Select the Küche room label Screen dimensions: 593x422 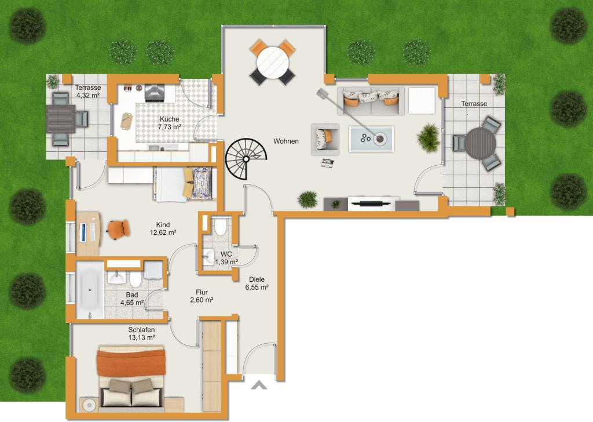click(x=170, y=119)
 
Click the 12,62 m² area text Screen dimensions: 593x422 click(x=163, y=233)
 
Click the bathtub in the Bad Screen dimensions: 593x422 click(x=90, y=290)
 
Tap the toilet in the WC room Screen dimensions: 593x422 click(x=220, y=226)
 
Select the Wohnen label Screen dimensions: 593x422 click(x=286, y=141)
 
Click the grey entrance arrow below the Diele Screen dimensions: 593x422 click(x=259, y=385)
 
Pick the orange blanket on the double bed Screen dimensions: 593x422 click(x=131, y=362)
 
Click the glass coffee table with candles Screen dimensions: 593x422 click(x=371, y=139)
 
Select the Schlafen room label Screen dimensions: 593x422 click(x=141, y=330)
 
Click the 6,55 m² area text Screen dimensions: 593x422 click(x=257, y=288)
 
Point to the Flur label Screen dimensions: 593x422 click(x=202, y=292)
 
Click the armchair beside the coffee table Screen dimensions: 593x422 click(x=325, y=139)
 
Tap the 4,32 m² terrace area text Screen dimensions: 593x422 click(x=88, y=96)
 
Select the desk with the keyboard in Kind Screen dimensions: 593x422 click(x=89, y=234)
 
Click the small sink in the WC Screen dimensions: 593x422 click(x=208, y=257)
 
